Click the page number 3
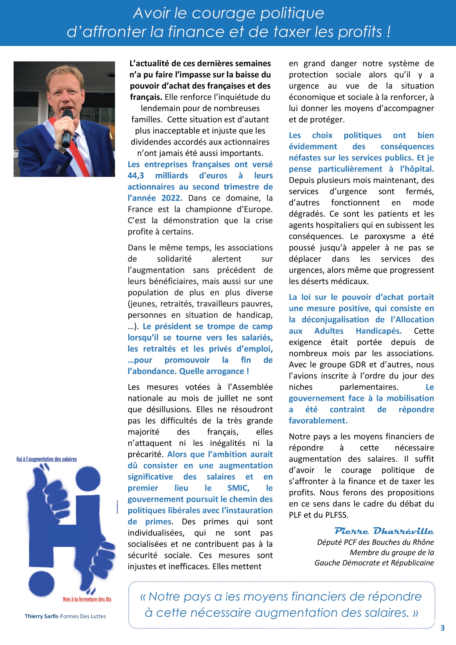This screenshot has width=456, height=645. coord(442,628)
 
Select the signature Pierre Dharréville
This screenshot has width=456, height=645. coord(384,531)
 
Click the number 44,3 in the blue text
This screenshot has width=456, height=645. coord(136,176)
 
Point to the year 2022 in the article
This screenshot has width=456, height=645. coord(172,198)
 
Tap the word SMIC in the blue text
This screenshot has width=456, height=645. coord(238,488)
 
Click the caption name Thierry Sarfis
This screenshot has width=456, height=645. coord(42,616)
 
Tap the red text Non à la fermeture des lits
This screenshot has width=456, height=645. coord(87,599)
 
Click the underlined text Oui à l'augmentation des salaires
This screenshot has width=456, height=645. coord(47,459)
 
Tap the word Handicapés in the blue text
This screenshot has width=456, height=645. coord(378,331)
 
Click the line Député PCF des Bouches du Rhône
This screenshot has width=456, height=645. coord(376,542)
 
